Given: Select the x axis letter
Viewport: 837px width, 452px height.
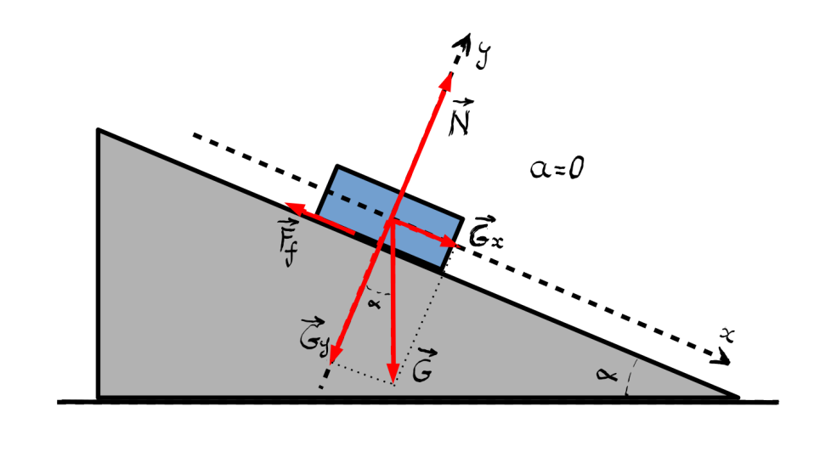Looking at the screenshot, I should tap(726, 336).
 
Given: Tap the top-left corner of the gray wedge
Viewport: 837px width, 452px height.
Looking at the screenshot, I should tap(99, 130).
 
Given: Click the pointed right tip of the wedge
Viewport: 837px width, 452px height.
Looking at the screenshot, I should tap(736, 396).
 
